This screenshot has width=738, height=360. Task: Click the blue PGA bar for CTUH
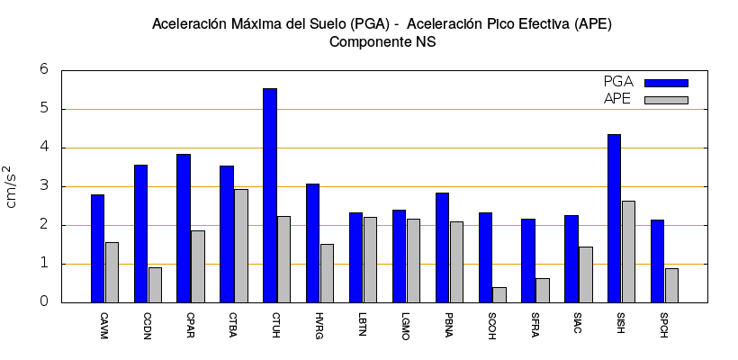(270, 195)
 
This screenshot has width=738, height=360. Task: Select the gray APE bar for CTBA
(240, 246)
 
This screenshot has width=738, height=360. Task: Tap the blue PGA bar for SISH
(614, 219)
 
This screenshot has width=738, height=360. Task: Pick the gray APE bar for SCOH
(499, 295)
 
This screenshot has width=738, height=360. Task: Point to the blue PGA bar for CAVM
(97, 248)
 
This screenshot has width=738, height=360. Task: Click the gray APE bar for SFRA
(542, 291)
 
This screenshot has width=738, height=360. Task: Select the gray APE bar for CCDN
(155, 284)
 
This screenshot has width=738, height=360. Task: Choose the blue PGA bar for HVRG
(312, 243)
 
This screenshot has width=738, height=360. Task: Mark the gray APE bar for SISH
(628, 252)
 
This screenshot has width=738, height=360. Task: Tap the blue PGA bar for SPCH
(657, 261)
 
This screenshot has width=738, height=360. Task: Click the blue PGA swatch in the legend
(666, 83)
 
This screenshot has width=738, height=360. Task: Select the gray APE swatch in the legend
(666, 100)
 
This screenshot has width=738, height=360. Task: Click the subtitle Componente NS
(382, 41)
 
